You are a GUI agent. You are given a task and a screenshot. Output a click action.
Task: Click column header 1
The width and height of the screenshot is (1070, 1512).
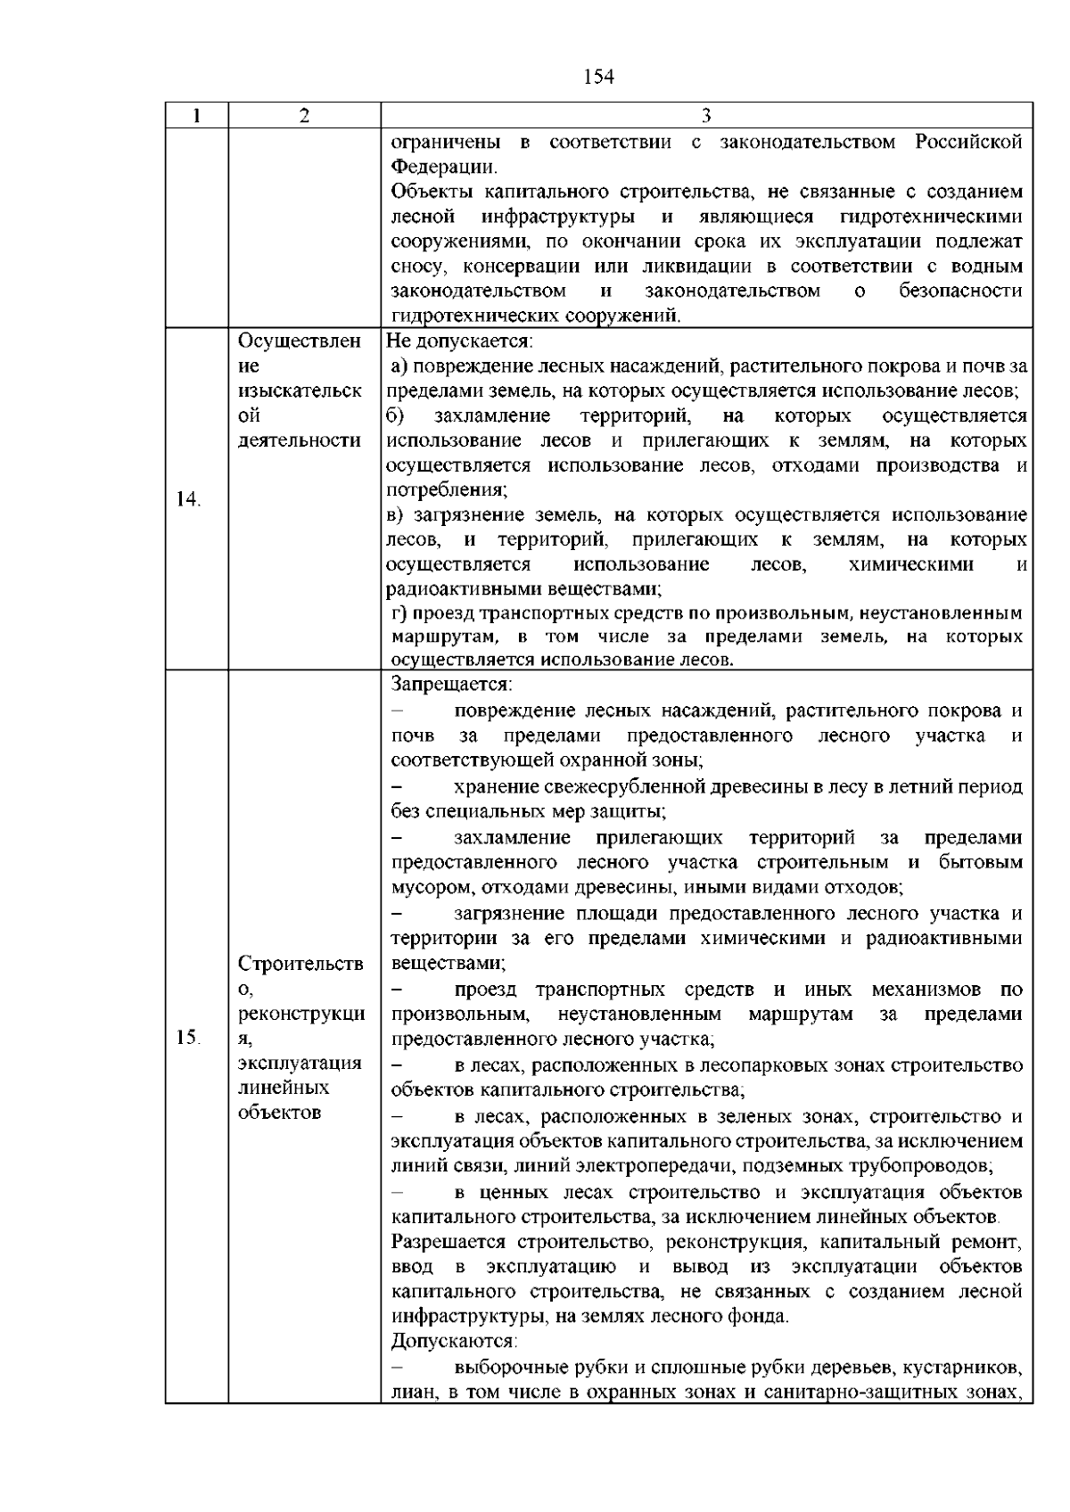(x=196, y=117)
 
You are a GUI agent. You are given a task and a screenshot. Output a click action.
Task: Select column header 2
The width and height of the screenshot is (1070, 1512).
(x=304, y=117)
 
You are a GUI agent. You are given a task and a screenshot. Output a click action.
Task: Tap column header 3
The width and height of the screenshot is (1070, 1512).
(x=705, y=117)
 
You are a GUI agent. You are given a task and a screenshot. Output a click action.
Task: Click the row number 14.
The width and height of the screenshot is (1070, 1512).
(x=188, y=499)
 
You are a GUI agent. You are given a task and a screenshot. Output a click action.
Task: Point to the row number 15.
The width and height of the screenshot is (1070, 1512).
(x=188, y=1037)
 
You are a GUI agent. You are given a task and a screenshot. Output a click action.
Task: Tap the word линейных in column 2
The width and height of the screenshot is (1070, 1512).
(x=272, y=1087)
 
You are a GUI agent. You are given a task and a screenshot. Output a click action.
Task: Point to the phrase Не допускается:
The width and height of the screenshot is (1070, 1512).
(x=458, y=341)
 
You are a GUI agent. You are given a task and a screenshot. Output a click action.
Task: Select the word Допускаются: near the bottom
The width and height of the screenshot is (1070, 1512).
(x=455, y=1341)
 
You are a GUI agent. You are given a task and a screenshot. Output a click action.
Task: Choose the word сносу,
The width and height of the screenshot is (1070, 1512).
(x=422, y=267)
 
